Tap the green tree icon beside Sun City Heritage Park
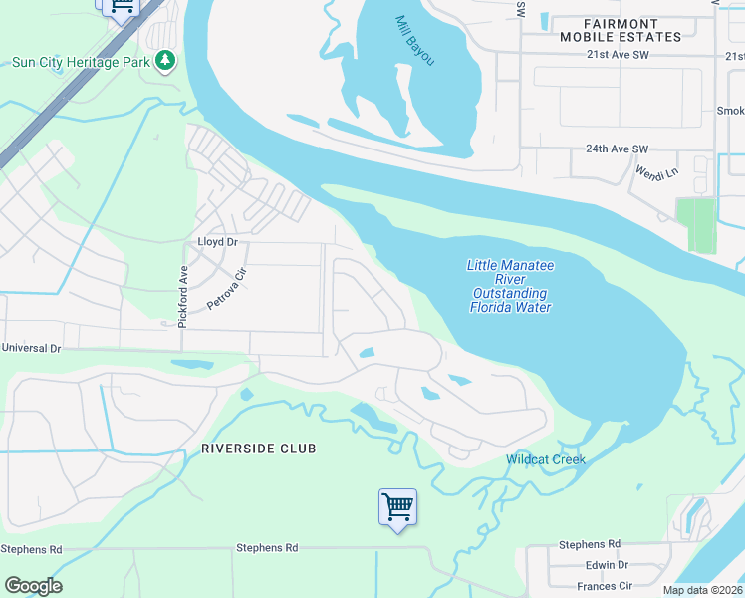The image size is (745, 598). pyautogui.click(x=165, y=62)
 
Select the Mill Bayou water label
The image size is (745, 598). pyautogui.click(x=415, y=41)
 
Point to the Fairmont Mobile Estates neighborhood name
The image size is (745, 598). pyautogui.click(x=620, y=30)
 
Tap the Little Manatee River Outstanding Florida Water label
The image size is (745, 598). pyautogui.click(x=509, y=286)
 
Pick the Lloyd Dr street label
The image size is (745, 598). pyautogui.click(x=217, y=242)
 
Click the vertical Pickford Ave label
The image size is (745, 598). pyautogui.click(x=183, y=290)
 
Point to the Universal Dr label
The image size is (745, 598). pyautogui.click(x=31, y=349)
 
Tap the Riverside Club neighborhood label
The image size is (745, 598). pyautogui.click(x=258, y=448)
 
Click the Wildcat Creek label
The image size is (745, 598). pyautogui.click(x=545, y=459)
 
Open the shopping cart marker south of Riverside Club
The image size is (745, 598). pyautogui.click(x=397, y=507)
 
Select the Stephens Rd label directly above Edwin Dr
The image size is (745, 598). pyautogui.click(x=589, y=545)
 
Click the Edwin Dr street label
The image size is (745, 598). pyautogui.click(x=607, y=565)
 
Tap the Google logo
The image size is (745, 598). pyautogui.click(x=33, y=585)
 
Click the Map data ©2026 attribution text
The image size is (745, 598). pyautogui.click(x=701, y=590)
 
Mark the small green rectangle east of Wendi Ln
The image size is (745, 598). pyautogui.click(x=695, y=225)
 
